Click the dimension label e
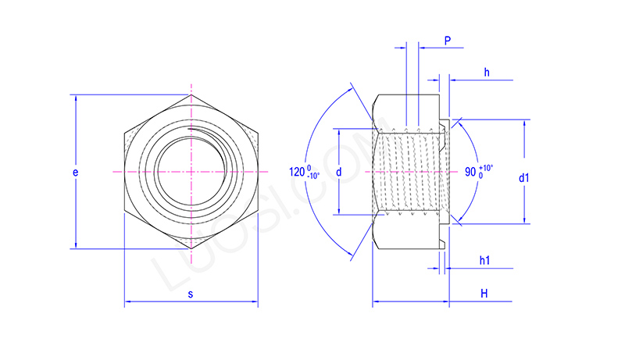[x=75, y=172]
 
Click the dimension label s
[x=190, y=294]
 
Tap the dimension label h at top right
[x=486, y=73]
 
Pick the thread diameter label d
[x=338, y=171]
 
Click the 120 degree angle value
[x=296, y=172]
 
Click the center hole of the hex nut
[x=190, y=171]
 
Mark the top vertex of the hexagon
[x=191, y=95]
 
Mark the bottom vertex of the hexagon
[x=191, y=248]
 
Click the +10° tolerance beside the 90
[x=485, y=167]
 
